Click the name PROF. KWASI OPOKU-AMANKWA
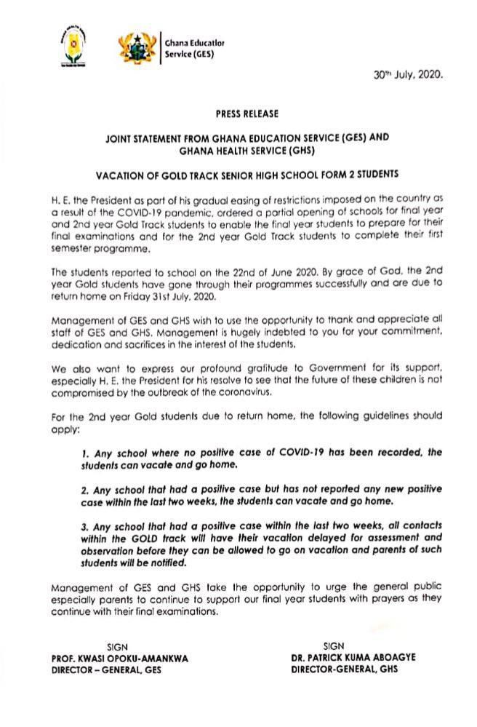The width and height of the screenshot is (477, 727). [x=120, y=658]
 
